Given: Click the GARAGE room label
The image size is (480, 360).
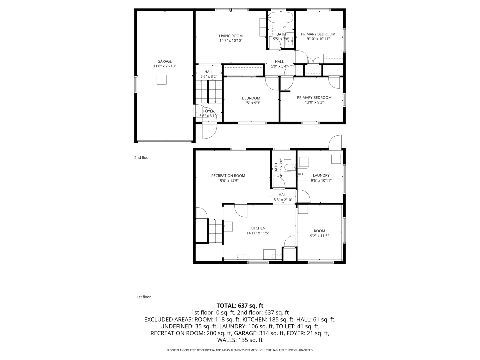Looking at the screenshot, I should tap(165, 61).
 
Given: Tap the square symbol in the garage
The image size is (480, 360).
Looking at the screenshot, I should tap(161, 80).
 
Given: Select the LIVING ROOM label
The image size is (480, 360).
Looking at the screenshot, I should tap(231, 36).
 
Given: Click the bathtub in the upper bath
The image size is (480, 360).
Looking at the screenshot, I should tap(281, 17).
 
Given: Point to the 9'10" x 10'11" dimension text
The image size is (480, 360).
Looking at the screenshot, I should tap(318, 39).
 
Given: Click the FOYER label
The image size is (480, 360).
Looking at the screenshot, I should tap(209, 111).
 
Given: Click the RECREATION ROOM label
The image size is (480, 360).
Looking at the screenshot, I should tap(228, 176).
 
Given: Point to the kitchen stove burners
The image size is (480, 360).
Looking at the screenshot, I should tap(270, 254).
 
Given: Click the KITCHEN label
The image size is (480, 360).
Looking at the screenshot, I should tap(258, 228).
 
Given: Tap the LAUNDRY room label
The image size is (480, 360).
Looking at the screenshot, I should tap(321, 175).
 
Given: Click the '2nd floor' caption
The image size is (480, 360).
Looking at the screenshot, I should tap(142, 158).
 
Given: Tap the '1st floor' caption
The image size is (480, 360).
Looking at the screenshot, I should tap(144, 297).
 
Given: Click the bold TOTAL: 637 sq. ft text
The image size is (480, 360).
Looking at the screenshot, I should tap(240, 305).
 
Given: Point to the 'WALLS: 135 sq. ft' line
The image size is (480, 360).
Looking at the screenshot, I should tap(240, 340).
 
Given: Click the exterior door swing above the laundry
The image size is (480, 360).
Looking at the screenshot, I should tap(335, 142).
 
